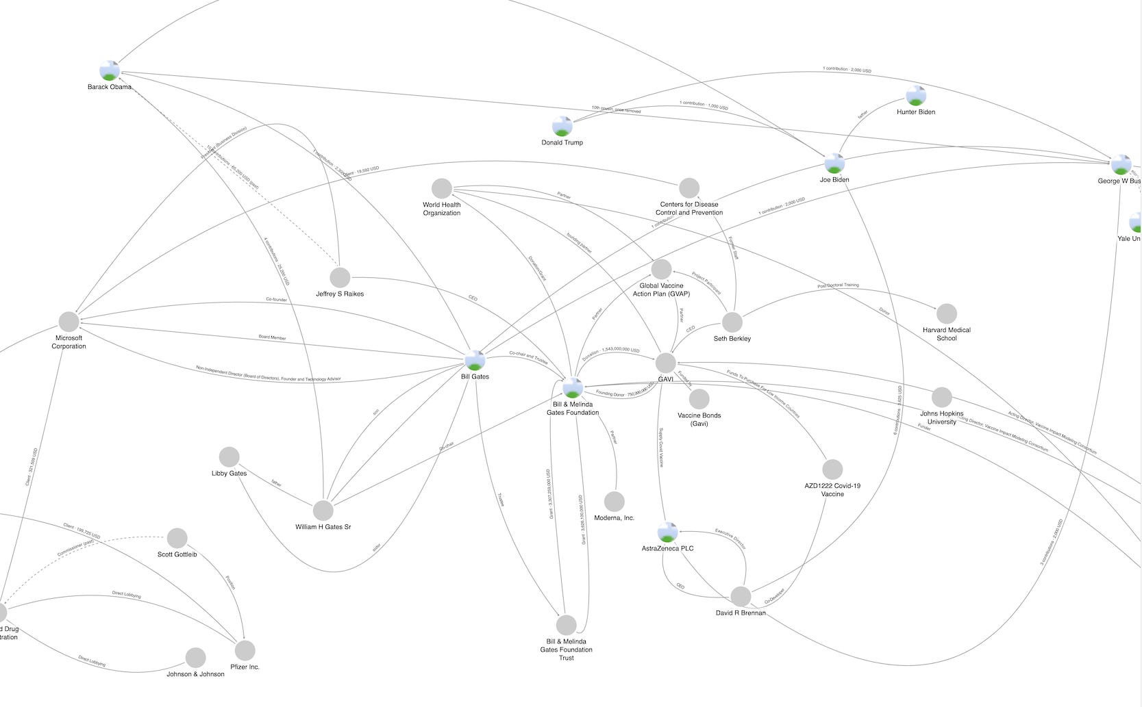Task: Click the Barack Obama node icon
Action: (110, 70)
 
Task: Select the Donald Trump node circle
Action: (562, 126)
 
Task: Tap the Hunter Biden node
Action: (916, 96)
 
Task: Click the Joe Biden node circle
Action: (834, 164)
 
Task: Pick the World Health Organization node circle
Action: (442, 188)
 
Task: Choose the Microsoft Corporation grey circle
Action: (69, 322)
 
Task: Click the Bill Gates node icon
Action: (475, 360)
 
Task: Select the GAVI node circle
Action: (665, 363)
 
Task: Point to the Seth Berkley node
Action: (732, 322)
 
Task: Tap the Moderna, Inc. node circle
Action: (615, 502)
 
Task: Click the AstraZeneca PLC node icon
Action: (667, 532)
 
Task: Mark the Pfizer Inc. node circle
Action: (245, 650)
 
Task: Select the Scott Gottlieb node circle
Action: (177, 538)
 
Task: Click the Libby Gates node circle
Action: (229, 457)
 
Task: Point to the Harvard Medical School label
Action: (946, 334)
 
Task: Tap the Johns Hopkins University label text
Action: (941, 417)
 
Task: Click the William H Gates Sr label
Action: (323, 527)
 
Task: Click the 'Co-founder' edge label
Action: (276, 300)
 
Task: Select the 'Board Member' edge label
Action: (273, 338)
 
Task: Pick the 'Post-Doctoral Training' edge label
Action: (838, 285)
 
